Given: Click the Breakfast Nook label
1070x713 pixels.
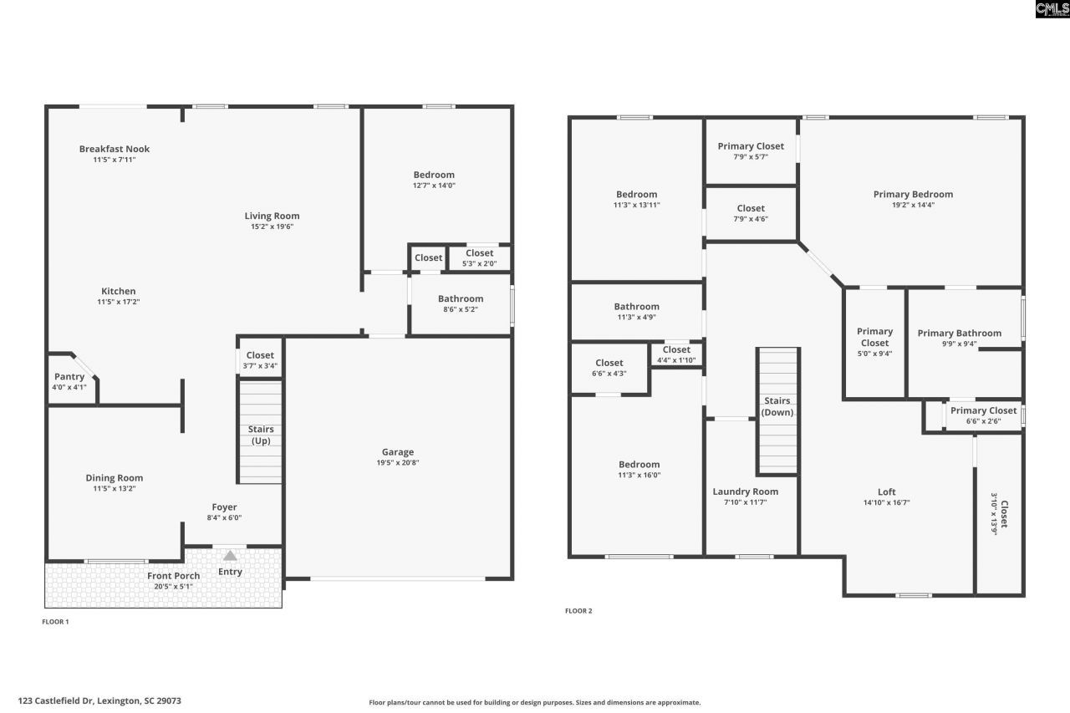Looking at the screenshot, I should coord(115,149).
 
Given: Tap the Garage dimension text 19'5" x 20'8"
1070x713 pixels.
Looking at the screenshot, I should coord(398,462).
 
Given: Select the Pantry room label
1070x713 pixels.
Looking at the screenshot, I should coord(69,377).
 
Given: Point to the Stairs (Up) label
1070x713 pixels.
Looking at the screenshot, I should coord(261,435).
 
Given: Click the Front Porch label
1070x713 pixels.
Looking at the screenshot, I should coord(174,576).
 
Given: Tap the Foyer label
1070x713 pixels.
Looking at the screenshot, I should coord(224,507).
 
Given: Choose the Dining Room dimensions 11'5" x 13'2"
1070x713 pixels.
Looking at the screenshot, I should coord(115,488).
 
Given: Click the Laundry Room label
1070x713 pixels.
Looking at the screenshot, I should coord(745,491).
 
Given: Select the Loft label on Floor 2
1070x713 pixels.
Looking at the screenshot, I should coord(887,492).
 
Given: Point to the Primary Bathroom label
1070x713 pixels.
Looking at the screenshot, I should coord(959,333).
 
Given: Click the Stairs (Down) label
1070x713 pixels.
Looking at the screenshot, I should coord(777,407).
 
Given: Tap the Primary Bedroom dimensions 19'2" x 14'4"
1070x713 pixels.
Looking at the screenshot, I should coord(913,205).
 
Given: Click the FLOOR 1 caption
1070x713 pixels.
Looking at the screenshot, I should coord(56,622).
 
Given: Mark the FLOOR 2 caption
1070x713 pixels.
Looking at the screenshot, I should coord(578,611).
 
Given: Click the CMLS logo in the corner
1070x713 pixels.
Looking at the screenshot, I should coord(1052,9).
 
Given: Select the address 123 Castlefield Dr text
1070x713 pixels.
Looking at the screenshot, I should coord(99,700).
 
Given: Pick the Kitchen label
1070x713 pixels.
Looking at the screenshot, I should coord(119,292).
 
